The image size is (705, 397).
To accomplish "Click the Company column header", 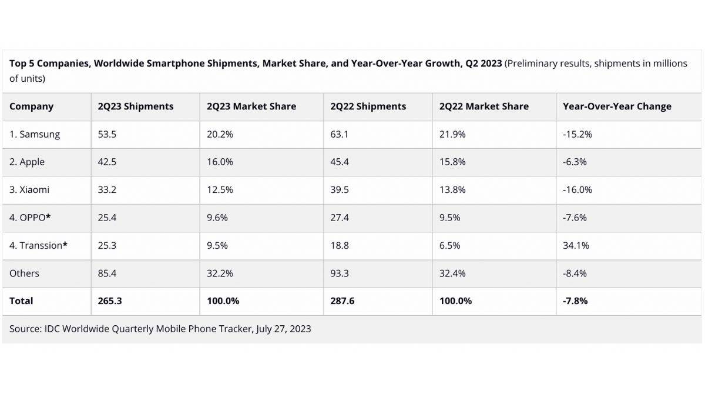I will coord(31,106).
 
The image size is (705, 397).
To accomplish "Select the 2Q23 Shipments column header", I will coord(136,106).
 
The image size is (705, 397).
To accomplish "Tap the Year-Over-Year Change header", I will coord(617,106).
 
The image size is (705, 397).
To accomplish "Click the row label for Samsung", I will coord(35,134).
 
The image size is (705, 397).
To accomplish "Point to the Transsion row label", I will coord(38,245).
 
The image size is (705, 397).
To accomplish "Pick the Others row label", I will coord(24,273).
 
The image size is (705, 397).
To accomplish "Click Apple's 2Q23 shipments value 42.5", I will coord(107,162).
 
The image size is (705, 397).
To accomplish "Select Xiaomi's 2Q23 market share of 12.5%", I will coord(220,189).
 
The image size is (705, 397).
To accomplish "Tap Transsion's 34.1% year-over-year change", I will coord(576,245).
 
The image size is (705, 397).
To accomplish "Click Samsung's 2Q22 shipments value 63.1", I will coord(339,134).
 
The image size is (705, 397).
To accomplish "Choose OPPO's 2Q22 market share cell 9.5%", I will coord(449,218).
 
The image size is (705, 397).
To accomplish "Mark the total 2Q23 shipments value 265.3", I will coord(110,301).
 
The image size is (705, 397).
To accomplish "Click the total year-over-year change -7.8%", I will coord(575,301).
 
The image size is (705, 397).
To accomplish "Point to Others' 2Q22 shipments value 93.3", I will coord(340,273).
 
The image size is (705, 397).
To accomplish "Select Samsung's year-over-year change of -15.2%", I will coord(577,134).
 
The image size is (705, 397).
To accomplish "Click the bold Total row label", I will coord(21,301).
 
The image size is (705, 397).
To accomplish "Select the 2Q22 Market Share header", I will coord(484,106).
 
